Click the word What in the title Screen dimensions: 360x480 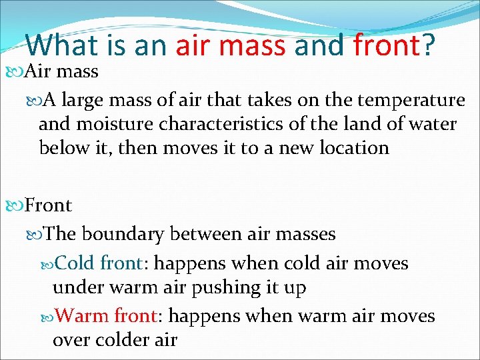[61, 45]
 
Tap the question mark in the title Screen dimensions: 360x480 [428, 45]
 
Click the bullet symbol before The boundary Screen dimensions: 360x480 [35, 235]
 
